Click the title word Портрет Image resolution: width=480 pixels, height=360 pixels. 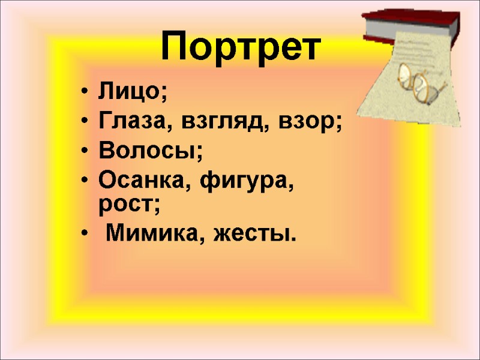(240, 47)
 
